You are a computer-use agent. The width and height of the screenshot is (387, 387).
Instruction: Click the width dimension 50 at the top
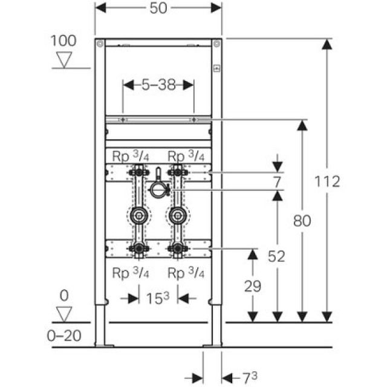click(158, 8)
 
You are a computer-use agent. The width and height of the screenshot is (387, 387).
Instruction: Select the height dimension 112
click(328, 181)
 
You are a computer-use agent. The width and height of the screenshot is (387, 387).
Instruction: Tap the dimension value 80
click(302, 221)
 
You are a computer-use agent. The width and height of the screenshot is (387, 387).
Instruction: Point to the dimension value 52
click(277, 257)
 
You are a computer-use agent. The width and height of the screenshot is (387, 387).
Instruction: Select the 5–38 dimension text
click(158, 86)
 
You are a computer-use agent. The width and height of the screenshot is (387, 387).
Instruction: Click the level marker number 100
click(63, 41)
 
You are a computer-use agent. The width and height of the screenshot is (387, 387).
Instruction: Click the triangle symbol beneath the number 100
click(63, 59)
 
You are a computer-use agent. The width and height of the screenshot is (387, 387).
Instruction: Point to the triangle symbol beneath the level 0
click(63, 313)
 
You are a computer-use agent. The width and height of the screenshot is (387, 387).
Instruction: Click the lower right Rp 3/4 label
click(187, 273)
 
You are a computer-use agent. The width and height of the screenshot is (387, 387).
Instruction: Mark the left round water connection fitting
click(138, 215)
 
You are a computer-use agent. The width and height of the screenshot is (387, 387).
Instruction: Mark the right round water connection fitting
click(177, 215)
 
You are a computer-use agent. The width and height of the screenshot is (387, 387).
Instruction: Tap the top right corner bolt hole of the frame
click(216, 43)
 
